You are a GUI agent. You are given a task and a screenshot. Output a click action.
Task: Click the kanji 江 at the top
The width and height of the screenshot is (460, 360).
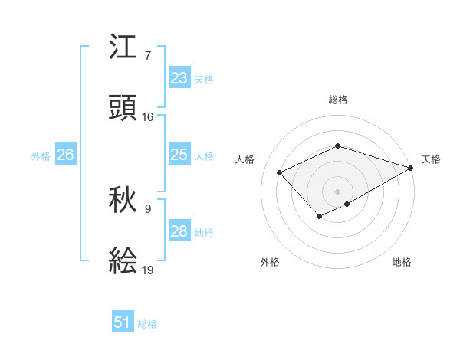(124, 47)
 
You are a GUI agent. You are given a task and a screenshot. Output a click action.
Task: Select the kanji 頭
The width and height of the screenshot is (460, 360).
(124, 107)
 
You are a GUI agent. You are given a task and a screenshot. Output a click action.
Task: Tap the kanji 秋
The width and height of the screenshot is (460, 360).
(124, 201)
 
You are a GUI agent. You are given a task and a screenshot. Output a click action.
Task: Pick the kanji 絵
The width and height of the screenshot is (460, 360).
(124, 260)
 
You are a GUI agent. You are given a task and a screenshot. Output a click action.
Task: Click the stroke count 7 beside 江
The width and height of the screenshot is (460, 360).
(147, 56)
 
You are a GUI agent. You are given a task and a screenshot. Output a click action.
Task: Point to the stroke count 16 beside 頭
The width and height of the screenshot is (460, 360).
(147, 116)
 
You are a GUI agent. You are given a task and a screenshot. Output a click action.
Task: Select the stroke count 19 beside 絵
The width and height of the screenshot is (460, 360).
(147, 269)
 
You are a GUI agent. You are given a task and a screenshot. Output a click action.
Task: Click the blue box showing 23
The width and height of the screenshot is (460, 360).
(179, 78)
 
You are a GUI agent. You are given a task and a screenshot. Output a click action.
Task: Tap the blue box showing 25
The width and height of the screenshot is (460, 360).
(179, 155)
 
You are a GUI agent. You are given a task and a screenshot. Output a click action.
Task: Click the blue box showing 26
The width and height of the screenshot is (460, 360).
(65, 155)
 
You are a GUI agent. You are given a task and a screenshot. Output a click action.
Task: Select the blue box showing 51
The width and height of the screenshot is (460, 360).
(123, 322)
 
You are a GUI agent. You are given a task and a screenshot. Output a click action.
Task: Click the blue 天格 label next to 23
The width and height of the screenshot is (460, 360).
(204, 79)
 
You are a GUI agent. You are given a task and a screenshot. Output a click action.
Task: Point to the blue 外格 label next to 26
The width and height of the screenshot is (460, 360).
(41, 155)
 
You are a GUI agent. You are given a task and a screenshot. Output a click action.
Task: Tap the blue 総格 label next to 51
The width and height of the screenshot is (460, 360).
(147, 323)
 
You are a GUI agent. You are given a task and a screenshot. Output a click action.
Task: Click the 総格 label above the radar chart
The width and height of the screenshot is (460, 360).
(337, 100)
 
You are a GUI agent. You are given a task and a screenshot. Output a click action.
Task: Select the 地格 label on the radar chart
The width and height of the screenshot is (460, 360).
(402, 262)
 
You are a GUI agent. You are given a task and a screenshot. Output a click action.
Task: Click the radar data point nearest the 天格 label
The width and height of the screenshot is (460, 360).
(411, 167)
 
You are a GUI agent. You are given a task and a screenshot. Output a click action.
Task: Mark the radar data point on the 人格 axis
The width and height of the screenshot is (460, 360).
(280, 172)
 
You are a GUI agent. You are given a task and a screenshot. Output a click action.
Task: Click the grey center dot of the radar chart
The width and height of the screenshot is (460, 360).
(337, 191)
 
